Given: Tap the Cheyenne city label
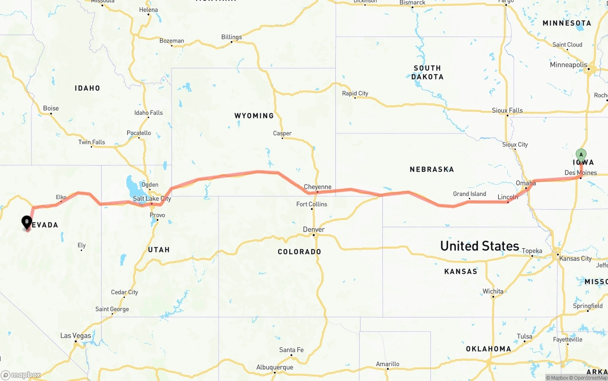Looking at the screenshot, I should point(317,187).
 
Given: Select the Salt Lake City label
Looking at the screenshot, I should point(152,199).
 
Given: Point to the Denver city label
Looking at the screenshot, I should point(313,230).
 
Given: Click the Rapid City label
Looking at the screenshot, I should point(355,93).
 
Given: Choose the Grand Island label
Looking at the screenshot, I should point(469,194).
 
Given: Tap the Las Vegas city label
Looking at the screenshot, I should point(76,335).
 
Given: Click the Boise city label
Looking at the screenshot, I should point(51,108).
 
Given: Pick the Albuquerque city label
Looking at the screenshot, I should point(275,367).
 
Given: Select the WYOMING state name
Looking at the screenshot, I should point(254,116).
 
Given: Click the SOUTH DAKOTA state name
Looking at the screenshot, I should point(427,72).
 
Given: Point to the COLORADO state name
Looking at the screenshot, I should point(299,251).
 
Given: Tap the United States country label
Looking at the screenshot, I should point(479,246).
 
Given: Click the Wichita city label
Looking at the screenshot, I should point(493,291).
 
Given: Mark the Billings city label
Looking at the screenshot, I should point(231,37).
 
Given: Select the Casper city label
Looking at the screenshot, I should point(282,133).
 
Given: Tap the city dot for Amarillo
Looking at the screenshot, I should point(388,369).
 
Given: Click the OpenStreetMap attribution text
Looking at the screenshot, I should point(589,378).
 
